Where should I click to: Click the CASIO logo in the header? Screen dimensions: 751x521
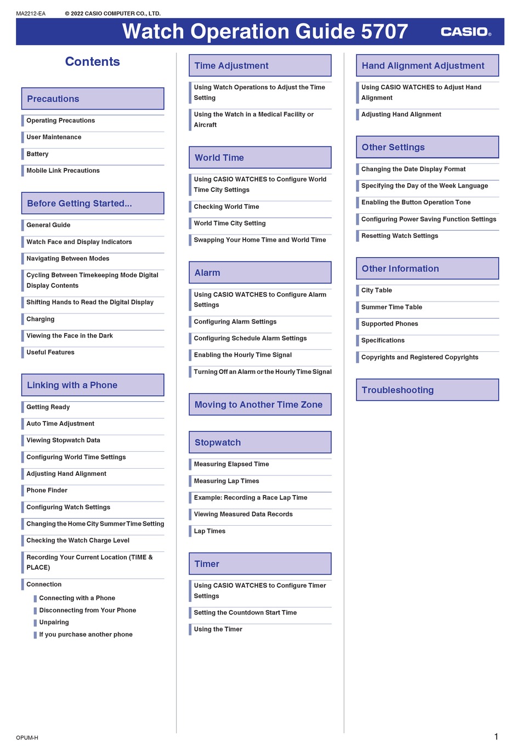[x=466, y=32]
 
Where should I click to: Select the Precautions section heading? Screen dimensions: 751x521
[x=93, y=99]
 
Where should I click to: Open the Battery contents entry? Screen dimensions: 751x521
[x=37, y=154]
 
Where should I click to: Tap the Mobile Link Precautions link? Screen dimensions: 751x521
[x=63, y=170]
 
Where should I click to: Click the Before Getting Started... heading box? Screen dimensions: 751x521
[x=93, y=203]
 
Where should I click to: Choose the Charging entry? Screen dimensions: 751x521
[x=41, y=319]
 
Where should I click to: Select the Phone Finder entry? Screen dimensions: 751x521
[x=47, y=491]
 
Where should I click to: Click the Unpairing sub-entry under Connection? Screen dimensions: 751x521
[x=54, y=622]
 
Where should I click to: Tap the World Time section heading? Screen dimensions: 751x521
[x=260, y=158]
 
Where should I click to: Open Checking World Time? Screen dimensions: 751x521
[x=226, y=207]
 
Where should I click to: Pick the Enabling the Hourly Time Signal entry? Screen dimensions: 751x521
[x=243, y=355]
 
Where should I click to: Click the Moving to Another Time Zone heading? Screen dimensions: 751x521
[x=260, y=405]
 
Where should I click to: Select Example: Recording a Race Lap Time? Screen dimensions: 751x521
[x=251, y=498]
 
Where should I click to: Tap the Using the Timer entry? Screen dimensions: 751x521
[x=218, y=629]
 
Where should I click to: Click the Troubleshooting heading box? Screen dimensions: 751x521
[x=427, y=390]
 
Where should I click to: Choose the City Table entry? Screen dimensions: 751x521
[x=377, y=291]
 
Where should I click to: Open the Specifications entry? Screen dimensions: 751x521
[x=383, y=340]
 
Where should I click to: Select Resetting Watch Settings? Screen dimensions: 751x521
[x=400, y=236]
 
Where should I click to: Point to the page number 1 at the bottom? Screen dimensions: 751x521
[x=496, y=737]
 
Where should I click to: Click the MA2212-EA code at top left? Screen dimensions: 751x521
[x=31, y=14]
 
